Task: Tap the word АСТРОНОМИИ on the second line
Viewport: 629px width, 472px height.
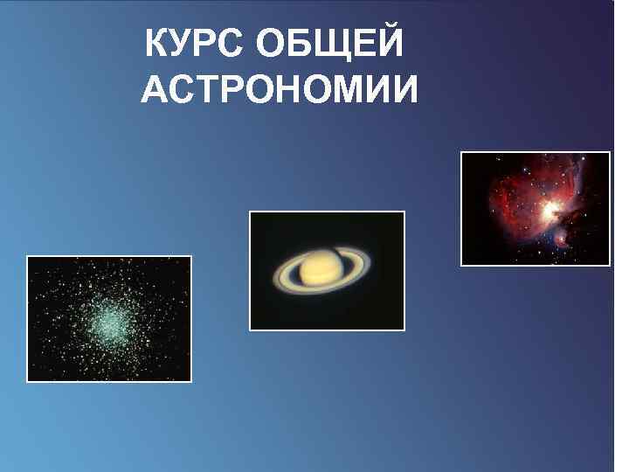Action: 279,90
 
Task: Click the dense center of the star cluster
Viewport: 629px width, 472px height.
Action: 107,322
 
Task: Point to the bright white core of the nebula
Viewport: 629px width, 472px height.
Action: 550,210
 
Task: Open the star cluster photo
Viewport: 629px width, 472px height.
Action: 109,319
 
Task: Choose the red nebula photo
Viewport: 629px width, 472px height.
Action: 535,208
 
